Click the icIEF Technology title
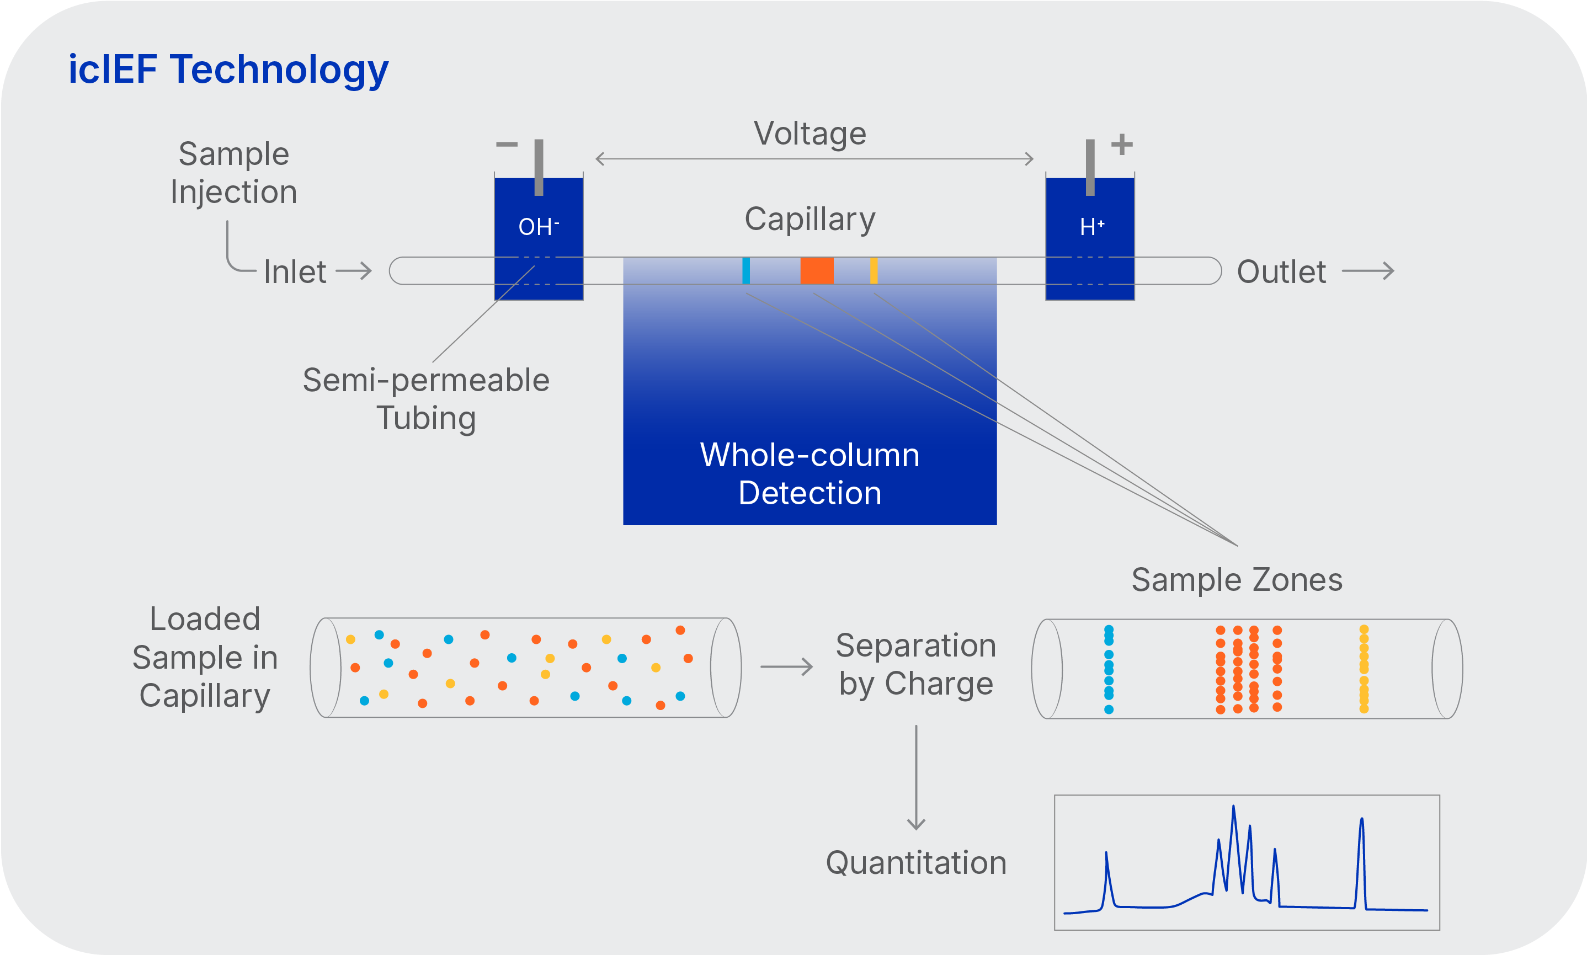click(228, 70)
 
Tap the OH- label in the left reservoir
click(539, 227)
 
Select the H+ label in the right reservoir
click(1091, 227)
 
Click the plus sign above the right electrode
click(1122, 144)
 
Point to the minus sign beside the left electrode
click(507, 144)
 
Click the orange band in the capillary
click(817, 270)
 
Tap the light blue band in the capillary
click(746, 270)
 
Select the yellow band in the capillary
click(874, 270)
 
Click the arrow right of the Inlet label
click(354, 271)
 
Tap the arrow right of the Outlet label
click(1367, 271)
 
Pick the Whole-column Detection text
click(810, 474)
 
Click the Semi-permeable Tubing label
click(426, 398)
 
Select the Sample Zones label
click(1236, 579)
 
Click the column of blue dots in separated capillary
click(1108, 669)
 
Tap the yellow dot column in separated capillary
click(1363, 669)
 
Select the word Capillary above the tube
click(810, 219)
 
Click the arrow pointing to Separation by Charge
click(786, 666)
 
